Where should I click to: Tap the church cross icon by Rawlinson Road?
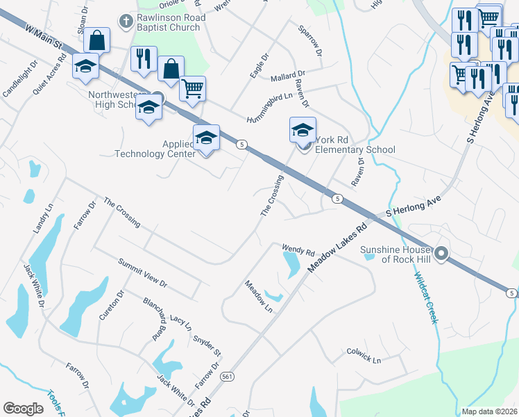tap(125, 22)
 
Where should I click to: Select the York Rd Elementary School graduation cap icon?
tap(303, 129)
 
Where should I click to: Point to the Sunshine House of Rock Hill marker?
tap(441, 253)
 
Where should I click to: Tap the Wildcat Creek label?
tap(426, 297)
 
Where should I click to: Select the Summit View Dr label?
tap(143, 273)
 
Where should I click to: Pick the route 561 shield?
tap(226, 376)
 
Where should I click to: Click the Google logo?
tap(24, 409)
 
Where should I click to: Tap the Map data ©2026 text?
tap(489, 411)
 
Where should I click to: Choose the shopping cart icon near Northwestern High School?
tap(192, 88)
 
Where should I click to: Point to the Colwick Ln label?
tap(364, 357)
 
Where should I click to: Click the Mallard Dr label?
tap(289, 74)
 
